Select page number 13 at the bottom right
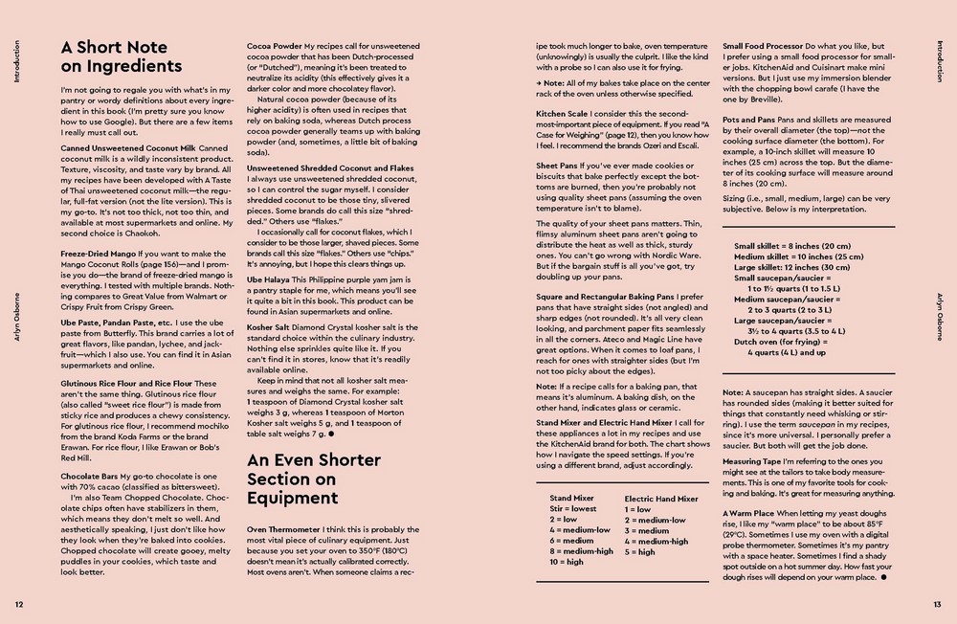coord(937,604)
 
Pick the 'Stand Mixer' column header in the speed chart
coord(571,499)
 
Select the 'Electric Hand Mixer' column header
coord(661,499)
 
